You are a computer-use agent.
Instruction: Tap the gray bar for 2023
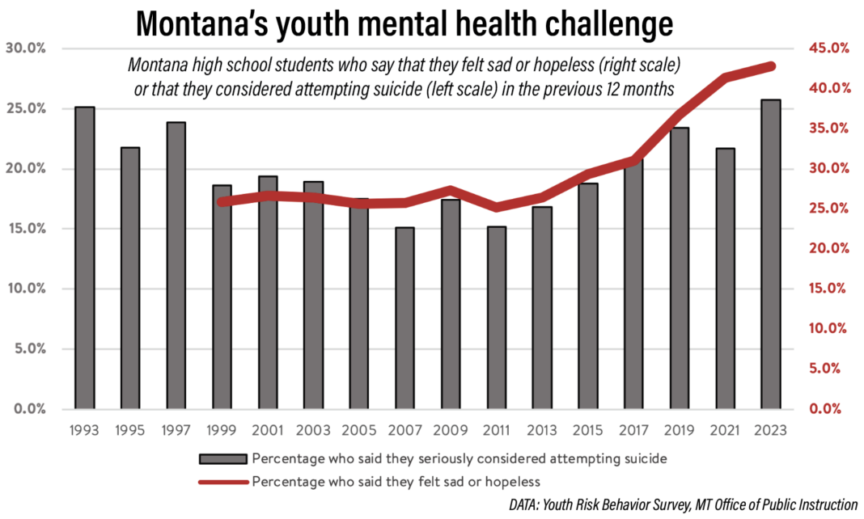[771, 254]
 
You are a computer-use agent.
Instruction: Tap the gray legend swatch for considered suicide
[222, 458]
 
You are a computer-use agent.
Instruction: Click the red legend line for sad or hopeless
[222, 482]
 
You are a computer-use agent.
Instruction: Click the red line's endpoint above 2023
[771, 66]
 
